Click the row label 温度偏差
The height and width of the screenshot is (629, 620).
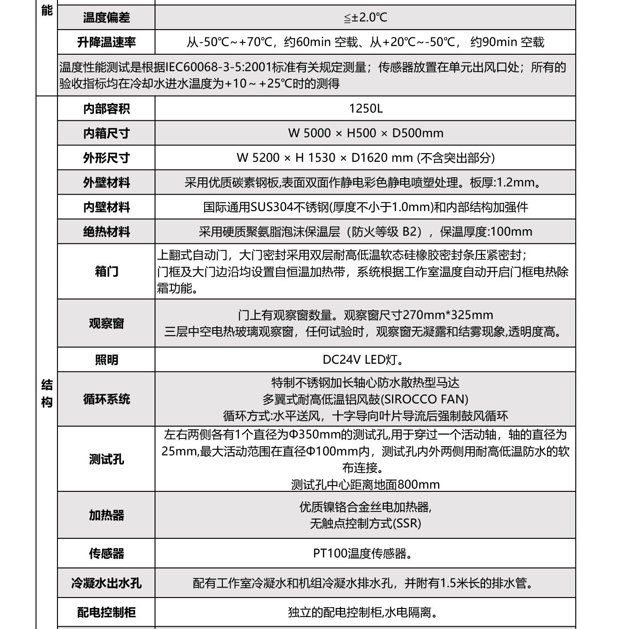106,18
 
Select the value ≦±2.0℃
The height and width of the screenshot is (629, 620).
365,18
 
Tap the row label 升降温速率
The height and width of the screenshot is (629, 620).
106,42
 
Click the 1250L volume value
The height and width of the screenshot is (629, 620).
365,108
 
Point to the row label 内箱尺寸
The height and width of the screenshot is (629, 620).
106,133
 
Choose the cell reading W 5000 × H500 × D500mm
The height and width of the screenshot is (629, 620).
365,133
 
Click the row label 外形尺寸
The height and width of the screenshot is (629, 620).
106,158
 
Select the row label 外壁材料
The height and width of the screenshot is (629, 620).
106,182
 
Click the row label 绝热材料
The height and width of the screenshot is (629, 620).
106,232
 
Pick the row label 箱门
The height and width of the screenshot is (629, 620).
106,271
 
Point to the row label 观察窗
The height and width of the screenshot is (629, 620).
106,323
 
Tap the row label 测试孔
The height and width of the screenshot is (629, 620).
106,459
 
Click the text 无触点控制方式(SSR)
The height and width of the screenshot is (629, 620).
365,523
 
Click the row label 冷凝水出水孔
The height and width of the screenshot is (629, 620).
106,583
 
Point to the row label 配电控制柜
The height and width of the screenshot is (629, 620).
106,612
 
